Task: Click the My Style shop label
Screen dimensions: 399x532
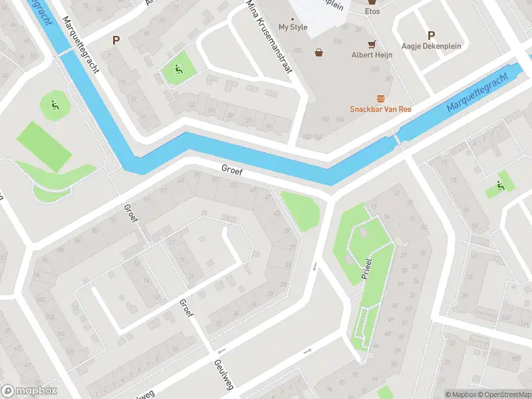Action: (x=293, y=27)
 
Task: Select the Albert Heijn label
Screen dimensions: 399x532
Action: (x=372, y=55)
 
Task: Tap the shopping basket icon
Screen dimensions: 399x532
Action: (x=319, y=52)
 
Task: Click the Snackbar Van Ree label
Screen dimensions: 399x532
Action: (x=381, y=109)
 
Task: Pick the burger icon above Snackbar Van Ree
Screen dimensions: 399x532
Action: (x=381, y=98)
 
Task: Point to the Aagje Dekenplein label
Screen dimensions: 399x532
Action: (x=430, y=46)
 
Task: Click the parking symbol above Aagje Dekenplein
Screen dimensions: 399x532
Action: (x=431, y=35)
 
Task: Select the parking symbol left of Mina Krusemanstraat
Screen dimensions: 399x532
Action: (x=116, y=41)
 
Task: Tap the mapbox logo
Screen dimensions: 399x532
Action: (x=29, y=390)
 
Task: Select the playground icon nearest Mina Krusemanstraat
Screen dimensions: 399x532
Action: (x=178, y=68)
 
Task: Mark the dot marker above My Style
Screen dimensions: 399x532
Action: (x=293, y=19)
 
